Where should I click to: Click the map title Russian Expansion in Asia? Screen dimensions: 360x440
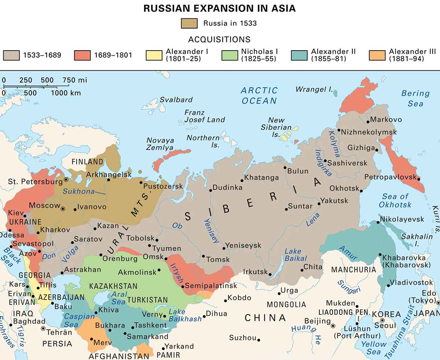coord(220,8)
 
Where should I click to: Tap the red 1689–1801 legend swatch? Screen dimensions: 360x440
coord(83,55)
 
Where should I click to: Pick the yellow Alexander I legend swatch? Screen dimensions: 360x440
coord(154,55)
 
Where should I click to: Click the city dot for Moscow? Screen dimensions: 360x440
coord(63,209)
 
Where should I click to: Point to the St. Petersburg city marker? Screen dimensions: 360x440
coord(66,180)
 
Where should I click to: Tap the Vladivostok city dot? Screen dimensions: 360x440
coord(389,286)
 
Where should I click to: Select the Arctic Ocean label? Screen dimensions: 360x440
coord(259,95)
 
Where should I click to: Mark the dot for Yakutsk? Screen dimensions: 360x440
coord(319,203)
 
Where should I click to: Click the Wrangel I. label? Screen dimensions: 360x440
coord(314,89)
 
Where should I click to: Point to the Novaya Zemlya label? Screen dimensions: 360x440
coord(160,144)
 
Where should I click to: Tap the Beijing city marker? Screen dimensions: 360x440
coord(333,325)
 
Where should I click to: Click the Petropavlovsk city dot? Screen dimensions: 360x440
coord(419,179)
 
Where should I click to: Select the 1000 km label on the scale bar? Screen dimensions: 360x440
coord(66,93)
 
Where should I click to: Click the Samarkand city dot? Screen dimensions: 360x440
coord(125,334)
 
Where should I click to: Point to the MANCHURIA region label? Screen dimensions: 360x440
coord(353,270)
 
